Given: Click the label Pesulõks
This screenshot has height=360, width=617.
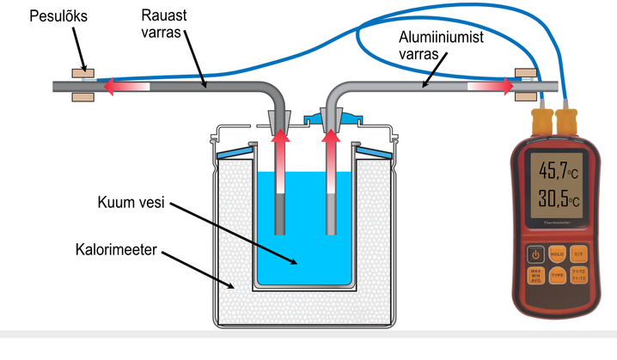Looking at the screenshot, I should [34, 17].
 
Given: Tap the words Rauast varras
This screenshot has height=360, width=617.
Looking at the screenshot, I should [165, 24].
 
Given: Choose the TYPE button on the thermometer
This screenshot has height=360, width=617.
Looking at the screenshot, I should [557, 277].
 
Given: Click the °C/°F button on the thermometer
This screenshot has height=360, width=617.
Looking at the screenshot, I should [579, 254].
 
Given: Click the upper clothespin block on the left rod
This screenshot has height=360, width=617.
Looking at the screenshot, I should [83, 74].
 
